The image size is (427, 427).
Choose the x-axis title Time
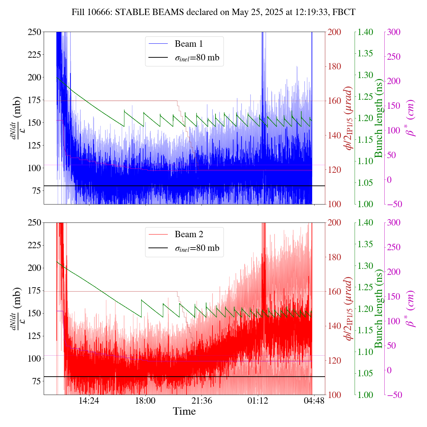[184, 412]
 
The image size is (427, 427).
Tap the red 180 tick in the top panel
[335, 66]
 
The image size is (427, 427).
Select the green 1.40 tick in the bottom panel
[366, 223]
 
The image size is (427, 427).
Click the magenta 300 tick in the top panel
[394, 32]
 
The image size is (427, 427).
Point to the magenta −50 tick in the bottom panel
[394, 395]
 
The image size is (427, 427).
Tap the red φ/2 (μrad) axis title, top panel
[349, 118]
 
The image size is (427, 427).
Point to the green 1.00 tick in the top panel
[366, 204]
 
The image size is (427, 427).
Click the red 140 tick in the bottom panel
[335, 326]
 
